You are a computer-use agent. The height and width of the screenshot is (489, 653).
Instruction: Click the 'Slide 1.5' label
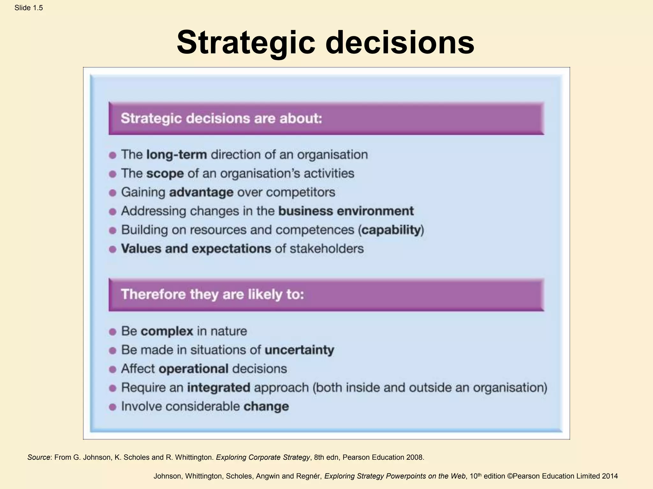(28, 8)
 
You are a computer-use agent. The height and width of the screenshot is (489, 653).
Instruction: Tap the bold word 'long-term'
(176, 155)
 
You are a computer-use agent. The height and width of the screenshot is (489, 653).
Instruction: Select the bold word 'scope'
(165, 174)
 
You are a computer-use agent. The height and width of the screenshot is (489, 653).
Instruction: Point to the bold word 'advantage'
(201, 192)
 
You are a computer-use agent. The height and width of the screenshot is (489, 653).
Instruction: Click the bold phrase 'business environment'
(346, 211)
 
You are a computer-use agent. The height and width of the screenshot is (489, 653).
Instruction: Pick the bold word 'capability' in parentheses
(391, 230)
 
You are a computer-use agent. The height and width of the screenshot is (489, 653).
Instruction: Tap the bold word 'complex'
(167, 331)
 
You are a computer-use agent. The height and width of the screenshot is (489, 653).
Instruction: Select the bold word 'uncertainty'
(299, 350)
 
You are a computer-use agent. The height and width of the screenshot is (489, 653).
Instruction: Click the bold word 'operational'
(194, 369)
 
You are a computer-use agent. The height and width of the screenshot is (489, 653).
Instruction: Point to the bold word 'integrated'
(218, 387)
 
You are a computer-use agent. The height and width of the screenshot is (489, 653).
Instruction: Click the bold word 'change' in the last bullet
(266, 407)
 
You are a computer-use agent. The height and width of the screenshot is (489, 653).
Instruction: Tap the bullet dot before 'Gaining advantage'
(112, 193)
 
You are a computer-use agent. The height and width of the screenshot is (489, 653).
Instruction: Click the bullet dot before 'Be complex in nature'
(112, 332)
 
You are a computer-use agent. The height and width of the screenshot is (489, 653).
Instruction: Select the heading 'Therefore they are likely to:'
(212, 294)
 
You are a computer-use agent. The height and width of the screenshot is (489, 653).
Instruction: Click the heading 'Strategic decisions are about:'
(221, 118)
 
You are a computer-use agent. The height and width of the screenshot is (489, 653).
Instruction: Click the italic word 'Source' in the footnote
(39, 457)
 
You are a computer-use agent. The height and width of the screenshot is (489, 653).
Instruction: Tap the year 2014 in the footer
(610, 476)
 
